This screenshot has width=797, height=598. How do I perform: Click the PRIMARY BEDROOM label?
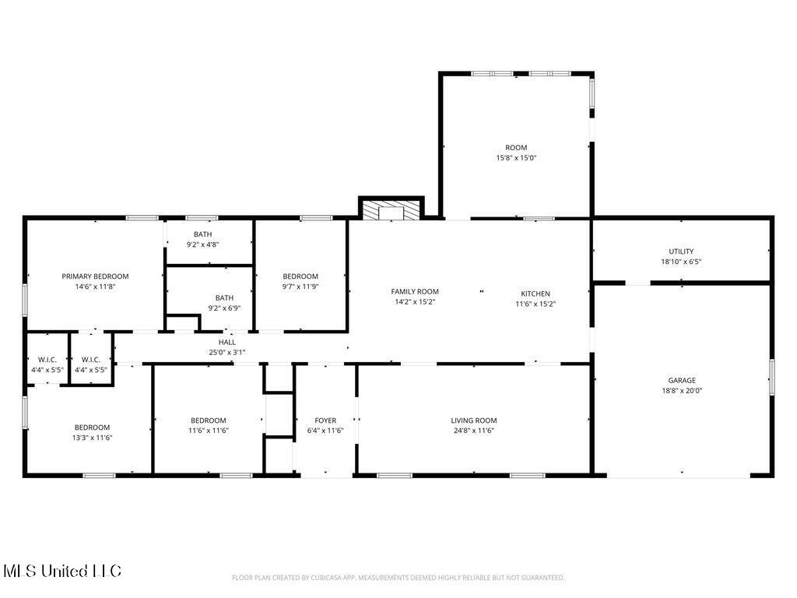95,276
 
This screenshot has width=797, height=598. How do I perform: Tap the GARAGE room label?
681,381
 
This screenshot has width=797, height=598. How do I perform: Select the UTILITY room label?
681,252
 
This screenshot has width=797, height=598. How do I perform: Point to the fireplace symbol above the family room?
391,211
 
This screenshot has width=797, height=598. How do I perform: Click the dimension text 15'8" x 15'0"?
516,158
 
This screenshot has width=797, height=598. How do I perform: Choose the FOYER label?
325,420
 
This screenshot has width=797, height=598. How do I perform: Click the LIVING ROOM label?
473,420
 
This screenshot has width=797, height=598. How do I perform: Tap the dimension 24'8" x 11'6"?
473,431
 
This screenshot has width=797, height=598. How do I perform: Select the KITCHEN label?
535,294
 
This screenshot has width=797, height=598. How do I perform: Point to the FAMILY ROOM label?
415,292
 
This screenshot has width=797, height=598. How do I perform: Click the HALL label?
227,342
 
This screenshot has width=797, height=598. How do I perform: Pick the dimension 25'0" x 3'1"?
227,352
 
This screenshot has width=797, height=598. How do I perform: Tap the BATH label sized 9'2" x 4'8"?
202,234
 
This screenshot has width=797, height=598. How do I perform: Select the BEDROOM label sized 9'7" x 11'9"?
300,276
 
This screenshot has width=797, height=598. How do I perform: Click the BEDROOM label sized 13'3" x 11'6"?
92,427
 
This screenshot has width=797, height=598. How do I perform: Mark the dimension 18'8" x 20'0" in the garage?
681,391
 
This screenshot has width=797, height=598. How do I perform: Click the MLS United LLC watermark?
62,572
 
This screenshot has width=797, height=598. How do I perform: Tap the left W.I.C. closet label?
47,360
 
